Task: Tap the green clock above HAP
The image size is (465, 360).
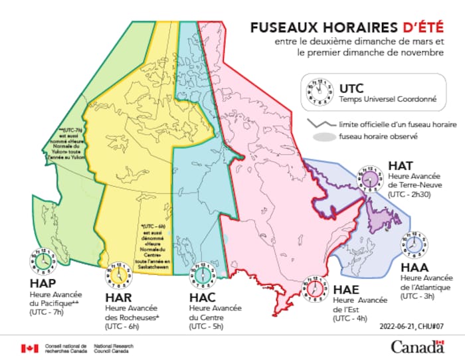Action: point(41,260)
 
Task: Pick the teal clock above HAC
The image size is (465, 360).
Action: point(201,273)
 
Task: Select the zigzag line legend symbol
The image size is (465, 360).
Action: point(321,125)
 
